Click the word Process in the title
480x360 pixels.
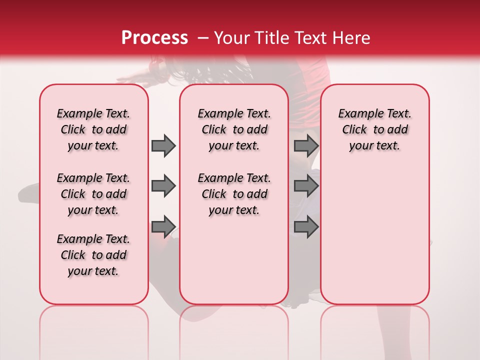154,38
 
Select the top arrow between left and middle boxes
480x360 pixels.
163,145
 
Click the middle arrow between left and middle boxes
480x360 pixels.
163,186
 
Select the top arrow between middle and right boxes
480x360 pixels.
306,145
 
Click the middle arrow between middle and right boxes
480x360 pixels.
306,186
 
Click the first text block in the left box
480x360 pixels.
93,129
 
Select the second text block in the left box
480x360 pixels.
93,194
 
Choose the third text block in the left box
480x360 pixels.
93,255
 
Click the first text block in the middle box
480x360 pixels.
234,129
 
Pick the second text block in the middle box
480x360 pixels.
234,194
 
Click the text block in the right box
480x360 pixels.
374,129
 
